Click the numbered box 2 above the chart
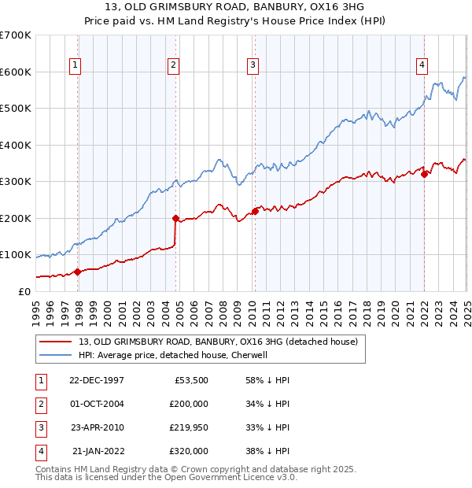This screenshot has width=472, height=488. tap(173, 65)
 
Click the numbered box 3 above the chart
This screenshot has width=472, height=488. tap(253, 65)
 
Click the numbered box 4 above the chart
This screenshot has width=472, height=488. tap(422, 65)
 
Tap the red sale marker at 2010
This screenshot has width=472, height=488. tap(255, 211)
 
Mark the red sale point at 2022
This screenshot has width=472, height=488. tap(424, 174)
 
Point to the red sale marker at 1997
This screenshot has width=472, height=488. tap(77, 272)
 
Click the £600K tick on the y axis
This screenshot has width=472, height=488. tap(16, 72)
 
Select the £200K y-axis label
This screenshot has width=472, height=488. tap(16, 218)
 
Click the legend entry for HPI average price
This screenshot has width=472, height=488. tap(173, 355)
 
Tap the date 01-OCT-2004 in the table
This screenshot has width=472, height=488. tap(97, 404)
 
